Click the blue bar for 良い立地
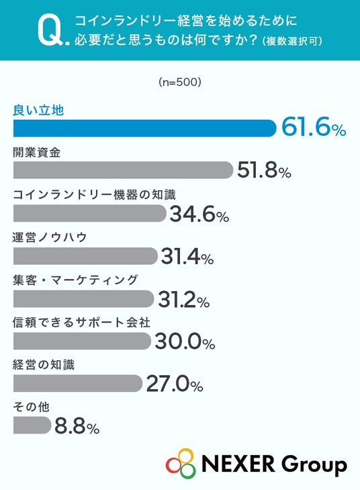pos(144,128)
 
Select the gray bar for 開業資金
pos(123,170)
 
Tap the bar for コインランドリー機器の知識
pos(89,213)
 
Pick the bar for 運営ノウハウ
pos(85,256)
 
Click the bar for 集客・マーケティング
pos(84,298)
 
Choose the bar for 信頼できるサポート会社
pos(82,341)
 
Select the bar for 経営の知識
pos(78,383)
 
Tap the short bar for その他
pos(32,425)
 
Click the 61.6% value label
pos(314,127)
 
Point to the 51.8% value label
pos(264,170)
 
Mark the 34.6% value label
pos(199,214)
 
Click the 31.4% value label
pos(187,257)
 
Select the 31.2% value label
pos(184,299)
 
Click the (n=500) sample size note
pos(179,82)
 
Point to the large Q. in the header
pos(53,31)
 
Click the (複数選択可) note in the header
pos(292,41)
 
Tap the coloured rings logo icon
pos(181,463)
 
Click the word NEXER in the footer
pos(238,463)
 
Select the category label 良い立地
pos(38,110)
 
